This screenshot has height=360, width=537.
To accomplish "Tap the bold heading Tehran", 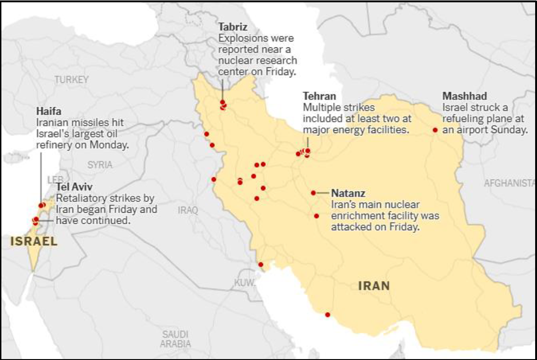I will (319, 96).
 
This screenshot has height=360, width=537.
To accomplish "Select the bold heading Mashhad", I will (464, 96).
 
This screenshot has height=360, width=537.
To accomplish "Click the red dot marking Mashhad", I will (435, 130).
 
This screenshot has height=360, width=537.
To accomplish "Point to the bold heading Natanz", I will (348, 193).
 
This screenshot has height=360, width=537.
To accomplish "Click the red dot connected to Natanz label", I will (313, 193).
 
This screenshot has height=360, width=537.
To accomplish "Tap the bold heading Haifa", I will (48, 111).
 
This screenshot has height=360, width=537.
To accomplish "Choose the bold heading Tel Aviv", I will (74, 187).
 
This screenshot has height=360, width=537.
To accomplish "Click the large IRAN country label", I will (374, 286).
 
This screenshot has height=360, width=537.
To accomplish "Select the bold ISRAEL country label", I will (34, 241).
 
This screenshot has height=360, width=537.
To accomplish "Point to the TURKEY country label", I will (71, 80).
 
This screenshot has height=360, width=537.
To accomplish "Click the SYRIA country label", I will (100, 164).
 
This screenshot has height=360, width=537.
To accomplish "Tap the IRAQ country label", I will (187, 210).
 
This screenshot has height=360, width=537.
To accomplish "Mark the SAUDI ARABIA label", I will (175, 339).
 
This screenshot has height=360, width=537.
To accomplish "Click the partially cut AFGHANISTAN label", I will (509, 183).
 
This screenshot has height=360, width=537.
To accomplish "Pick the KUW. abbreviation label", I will (245, 283).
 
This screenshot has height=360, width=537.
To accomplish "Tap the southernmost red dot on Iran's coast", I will (327, 315).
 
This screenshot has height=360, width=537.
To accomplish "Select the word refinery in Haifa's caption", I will (52, 145).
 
